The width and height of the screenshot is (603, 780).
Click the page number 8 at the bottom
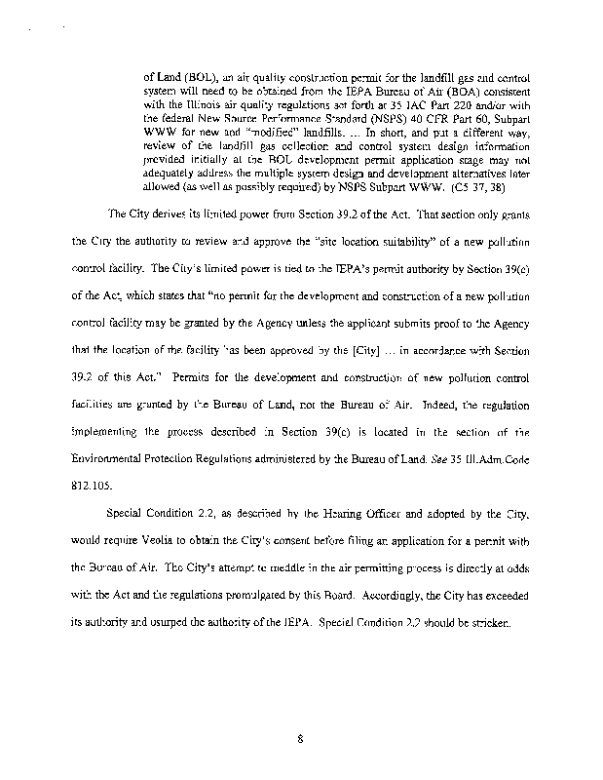tap(302, 739)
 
